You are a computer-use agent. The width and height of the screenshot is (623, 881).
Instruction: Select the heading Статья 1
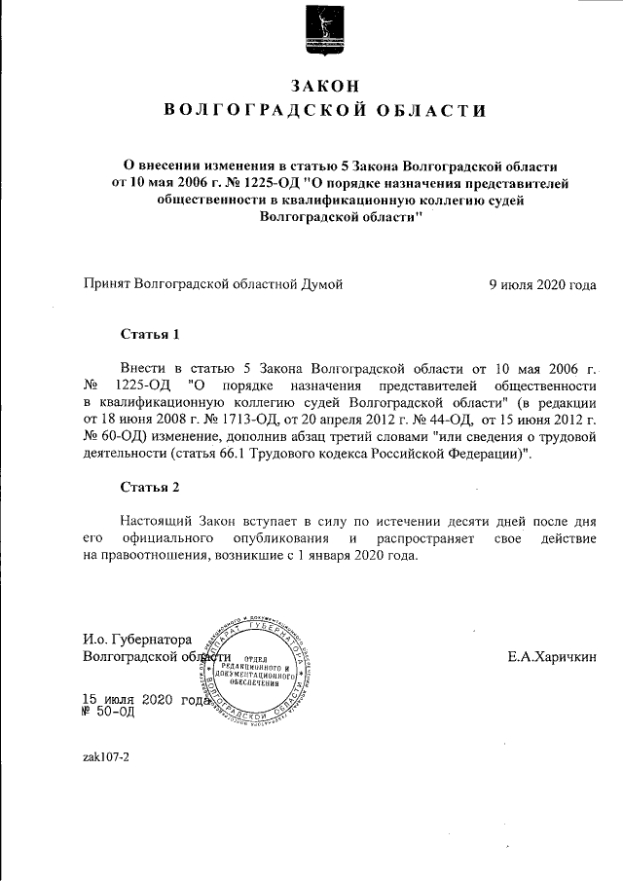pos(150,336)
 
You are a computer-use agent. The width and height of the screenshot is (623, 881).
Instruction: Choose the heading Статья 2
pos(150,486)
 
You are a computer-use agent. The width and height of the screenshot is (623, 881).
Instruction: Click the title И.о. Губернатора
pos(137,640)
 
